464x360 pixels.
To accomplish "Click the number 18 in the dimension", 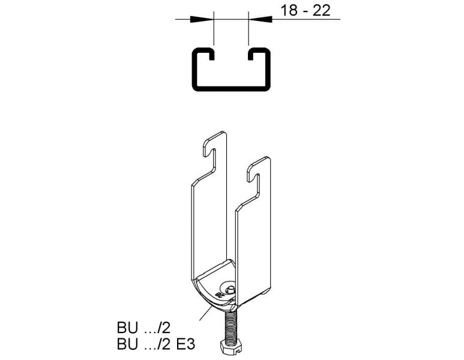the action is (x=289, y=11).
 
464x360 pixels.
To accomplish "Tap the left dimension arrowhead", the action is (x=202, y=19).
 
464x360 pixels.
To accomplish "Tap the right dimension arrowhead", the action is (x=260, y=19).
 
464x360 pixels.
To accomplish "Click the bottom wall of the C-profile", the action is (x=231, y=88).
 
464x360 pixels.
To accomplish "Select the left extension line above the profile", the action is (x=214, y=28).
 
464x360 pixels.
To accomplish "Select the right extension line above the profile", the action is (x=249, y=28).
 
